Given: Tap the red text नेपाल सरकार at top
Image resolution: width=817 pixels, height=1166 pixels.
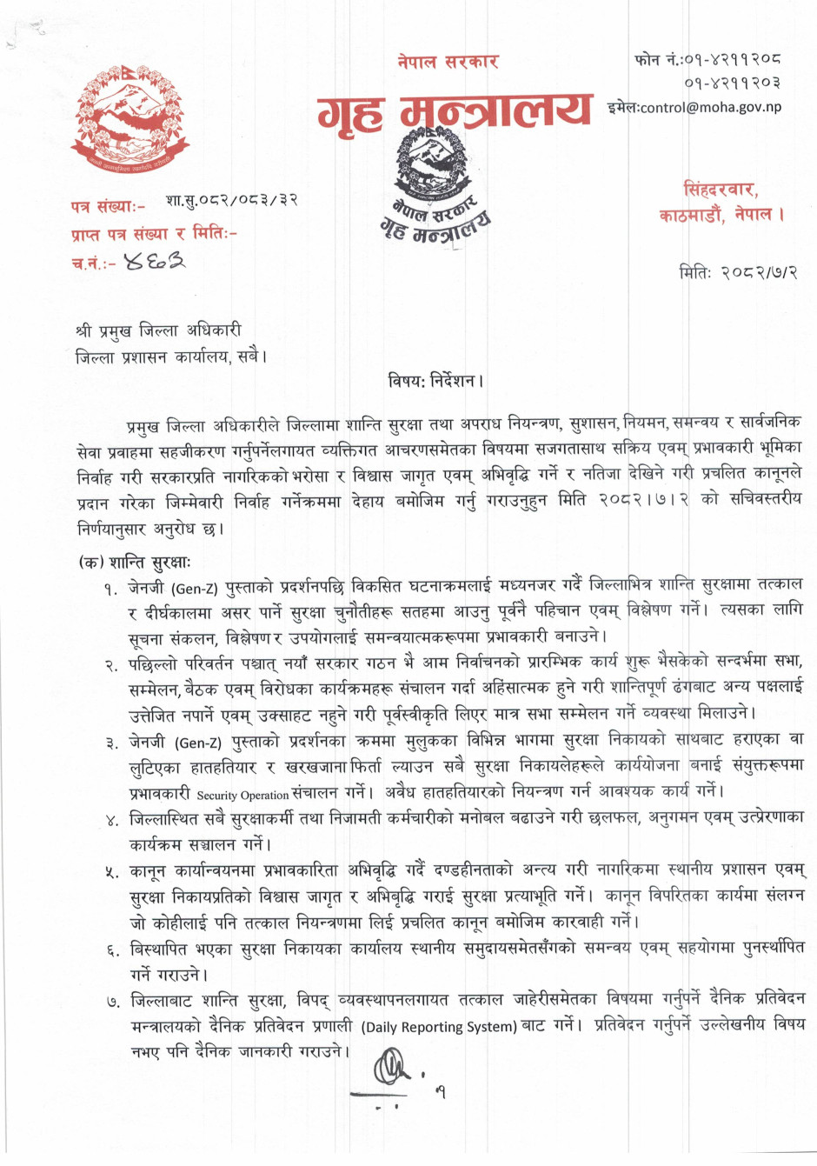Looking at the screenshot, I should [x=448, y=62].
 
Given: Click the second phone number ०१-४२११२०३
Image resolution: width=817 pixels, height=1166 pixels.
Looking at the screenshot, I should [x=732, y=83].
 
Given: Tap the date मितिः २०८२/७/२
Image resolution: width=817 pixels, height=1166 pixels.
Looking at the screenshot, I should [x=738, y=272].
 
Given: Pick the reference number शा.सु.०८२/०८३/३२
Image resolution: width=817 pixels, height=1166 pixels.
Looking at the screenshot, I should [x=231, y=201].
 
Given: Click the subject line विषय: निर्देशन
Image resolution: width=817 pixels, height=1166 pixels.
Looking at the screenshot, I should [x=435, y=381].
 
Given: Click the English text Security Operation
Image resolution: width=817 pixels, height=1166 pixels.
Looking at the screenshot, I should [x=242, y=795].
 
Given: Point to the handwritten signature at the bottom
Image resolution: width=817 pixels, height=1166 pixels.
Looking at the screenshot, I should [x=393, y=1068].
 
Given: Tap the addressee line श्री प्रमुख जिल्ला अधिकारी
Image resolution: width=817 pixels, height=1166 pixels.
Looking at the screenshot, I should [x=158, y=331].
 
